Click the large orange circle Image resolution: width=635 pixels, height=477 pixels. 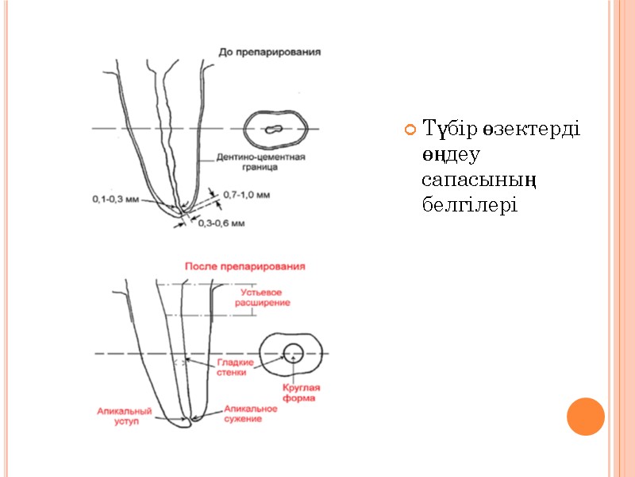(586, 416)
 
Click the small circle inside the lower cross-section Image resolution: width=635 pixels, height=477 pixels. (292, 352)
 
